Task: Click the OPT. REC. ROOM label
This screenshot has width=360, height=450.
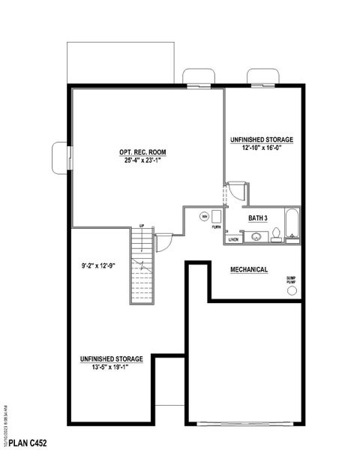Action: (142, 151)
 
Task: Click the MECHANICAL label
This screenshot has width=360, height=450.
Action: (249, 268)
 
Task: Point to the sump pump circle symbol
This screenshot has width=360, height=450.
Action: (292, 290)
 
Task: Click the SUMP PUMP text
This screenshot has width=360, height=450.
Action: (291, 280)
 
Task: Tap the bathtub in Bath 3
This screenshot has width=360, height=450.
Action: (292, 224)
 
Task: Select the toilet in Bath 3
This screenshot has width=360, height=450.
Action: (276, 235)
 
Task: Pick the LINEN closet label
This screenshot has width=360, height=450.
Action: (233, 240)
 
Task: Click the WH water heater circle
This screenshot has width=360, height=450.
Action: (203, 217)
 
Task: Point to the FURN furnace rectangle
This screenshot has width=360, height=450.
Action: (216, 217)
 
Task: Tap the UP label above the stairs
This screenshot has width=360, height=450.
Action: (141, 226)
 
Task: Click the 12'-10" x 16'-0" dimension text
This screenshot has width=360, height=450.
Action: (261, 148)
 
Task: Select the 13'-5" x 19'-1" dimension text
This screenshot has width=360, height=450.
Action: (111, 367)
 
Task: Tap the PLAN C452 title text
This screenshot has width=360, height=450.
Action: (27, 442)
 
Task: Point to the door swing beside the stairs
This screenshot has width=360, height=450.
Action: (163, 243)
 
